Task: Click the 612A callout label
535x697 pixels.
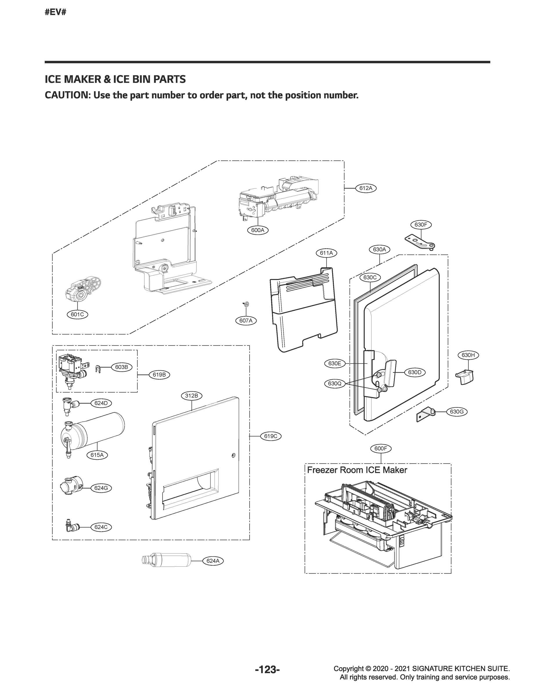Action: [x=365, y=188]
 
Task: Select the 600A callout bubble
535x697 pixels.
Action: [x=257, y=230]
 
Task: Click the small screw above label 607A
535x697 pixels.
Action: [x=246, y=304]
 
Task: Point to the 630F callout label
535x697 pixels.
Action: [x=420, y=224]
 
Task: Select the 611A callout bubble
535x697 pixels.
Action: [x=326, y=253]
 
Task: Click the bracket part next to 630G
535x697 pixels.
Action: [x=426, y=415]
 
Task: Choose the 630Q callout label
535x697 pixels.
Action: [x=335, y=384]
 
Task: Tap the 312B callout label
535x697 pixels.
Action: [x=192, y=396]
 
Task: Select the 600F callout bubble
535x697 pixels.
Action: [x=381, y=448]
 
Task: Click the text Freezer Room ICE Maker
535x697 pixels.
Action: [x=357, y=470]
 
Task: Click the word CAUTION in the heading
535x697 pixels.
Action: [x=66, y=95]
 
